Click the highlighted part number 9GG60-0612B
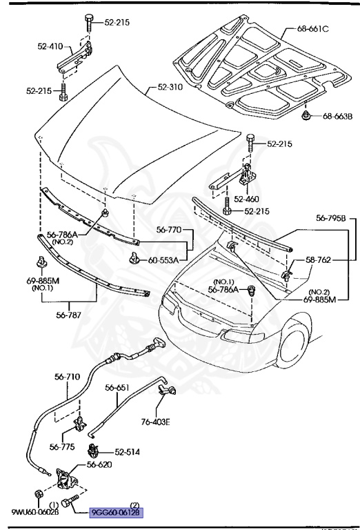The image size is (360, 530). click(x=116, y=513)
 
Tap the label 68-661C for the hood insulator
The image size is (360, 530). click(x=312, y=29)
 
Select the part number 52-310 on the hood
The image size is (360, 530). click(x=170, y=87)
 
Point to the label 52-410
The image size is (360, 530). click(x=50, y=46)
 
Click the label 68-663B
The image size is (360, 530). click(x=337, y=116)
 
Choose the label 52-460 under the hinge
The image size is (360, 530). click(x=246, y=199)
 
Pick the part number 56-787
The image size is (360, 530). click(x=68, y=315)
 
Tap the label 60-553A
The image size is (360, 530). click(x=163, y=260)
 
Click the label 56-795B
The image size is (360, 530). click(x=331, y=218)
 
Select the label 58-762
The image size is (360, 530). click(x=318, y=260)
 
